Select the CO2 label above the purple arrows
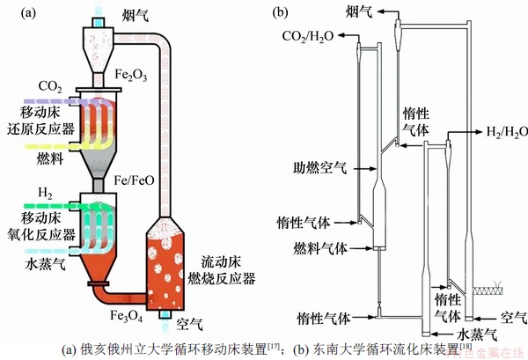tap(50, 86)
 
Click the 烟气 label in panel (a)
tap(134, 16)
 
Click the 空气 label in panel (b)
tap(511, 315)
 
